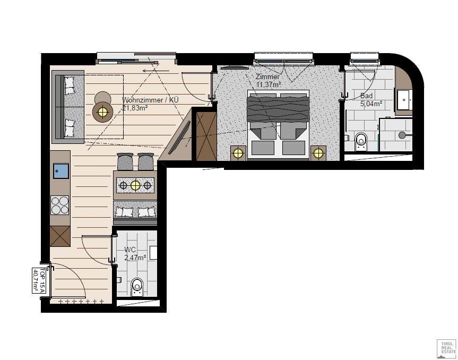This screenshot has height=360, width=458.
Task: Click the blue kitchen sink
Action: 61,171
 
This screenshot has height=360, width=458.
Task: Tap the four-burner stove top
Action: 60,205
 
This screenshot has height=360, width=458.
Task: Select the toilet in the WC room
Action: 137,287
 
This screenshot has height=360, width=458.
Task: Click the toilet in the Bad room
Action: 361,141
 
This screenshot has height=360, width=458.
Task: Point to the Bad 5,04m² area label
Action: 371,100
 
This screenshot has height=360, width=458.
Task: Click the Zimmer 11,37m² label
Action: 268,81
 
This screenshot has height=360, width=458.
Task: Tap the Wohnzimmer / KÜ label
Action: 150,100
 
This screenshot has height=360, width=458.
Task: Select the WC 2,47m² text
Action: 135,254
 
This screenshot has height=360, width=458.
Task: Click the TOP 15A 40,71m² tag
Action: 39,280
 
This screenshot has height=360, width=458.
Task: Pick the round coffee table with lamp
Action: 102,112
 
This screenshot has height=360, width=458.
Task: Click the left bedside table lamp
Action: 238,153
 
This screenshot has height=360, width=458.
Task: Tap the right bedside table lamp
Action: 318,153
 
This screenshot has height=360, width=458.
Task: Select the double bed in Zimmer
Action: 278,125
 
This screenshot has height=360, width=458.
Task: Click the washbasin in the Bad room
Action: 404,100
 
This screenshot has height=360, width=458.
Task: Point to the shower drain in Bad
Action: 402,135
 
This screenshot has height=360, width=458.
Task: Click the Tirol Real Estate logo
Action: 446,349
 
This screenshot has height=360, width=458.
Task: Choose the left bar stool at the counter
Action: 125,161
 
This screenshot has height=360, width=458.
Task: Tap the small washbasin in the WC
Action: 153,252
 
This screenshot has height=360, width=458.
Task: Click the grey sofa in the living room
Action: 68,107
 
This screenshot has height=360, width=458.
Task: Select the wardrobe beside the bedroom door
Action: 206,136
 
